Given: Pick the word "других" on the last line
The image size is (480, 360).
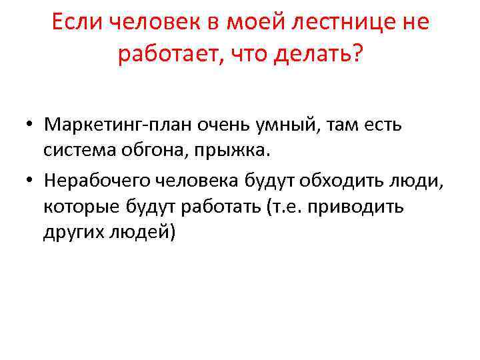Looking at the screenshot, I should click(x=71, y=233).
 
